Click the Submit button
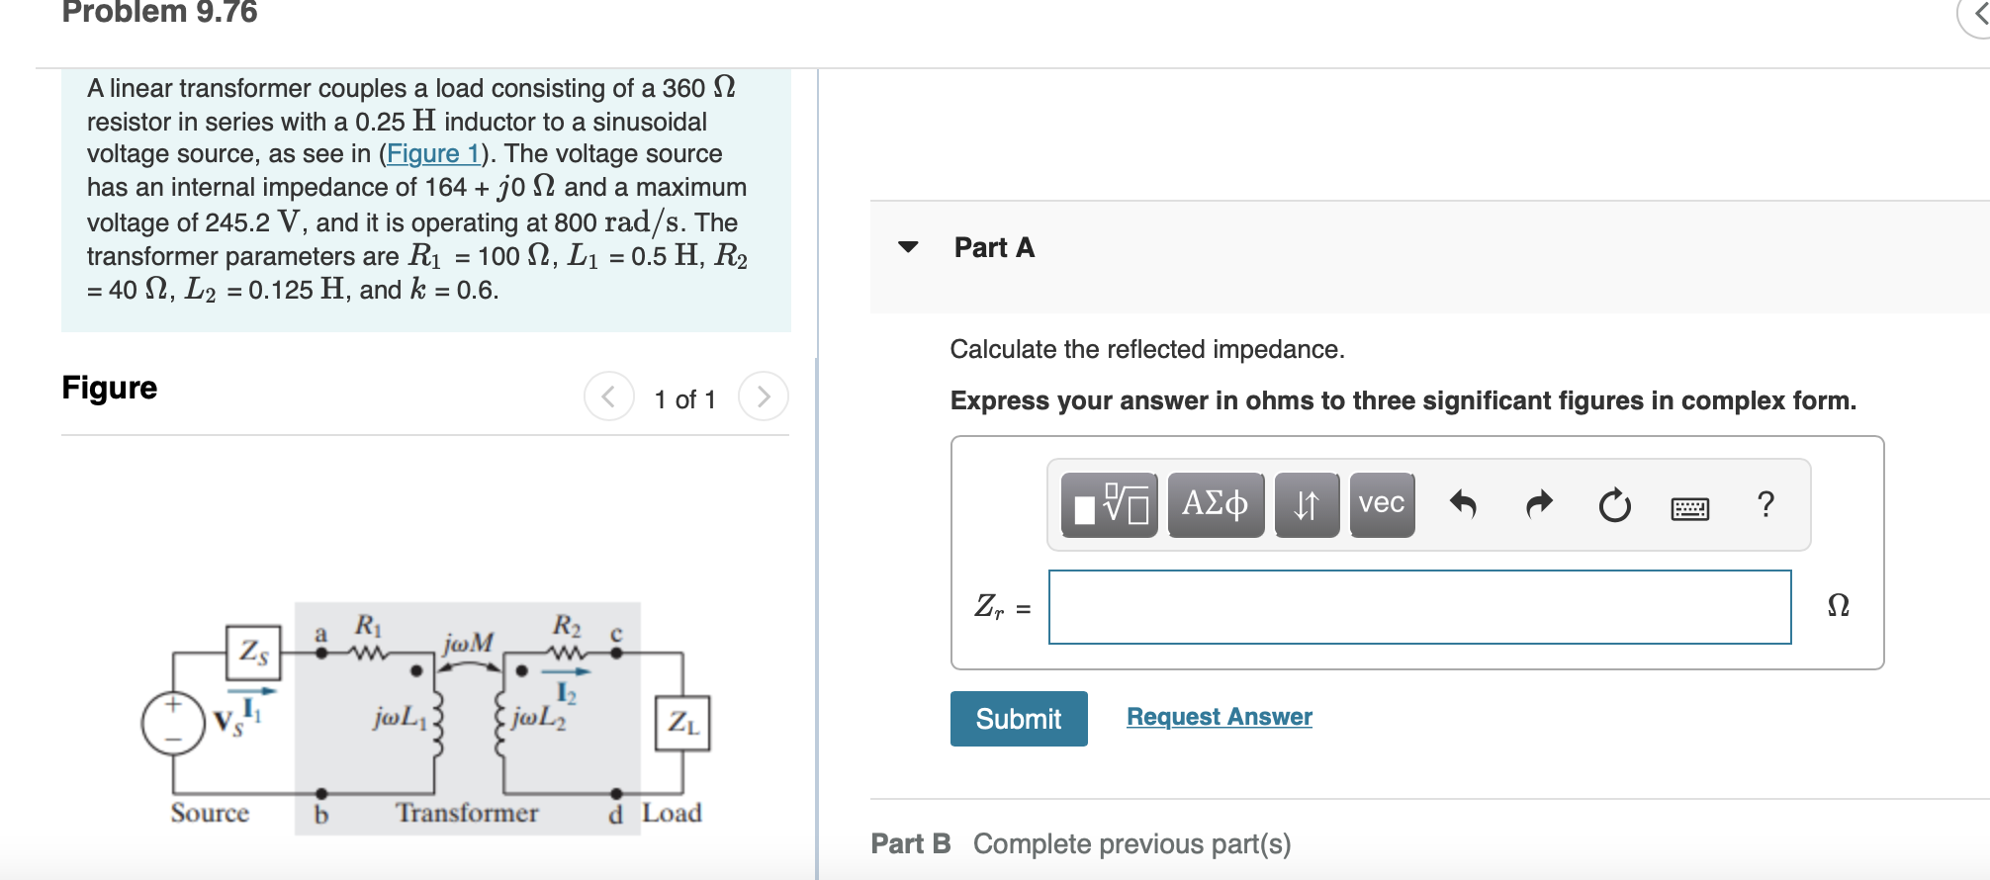tap(1018, 719)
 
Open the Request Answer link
tap(1219, 717)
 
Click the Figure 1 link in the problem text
tap(432, 154)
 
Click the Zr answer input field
tap(1419, 607)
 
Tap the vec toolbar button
tap(1381, 504)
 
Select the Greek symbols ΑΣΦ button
tap(1215, 504)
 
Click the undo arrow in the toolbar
tap(1463, 505)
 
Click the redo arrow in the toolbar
tap(1539, 505)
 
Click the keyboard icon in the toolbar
tap(1689, 508)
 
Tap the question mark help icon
tap(1765, 504)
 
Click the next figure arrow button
tap(763, 396)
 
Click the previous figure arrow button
tap(608, 396)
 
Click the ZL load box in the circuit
tap(682, 724)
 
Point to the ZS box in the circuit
tap(253, 652)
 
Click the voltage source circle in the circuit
tap(173, 724)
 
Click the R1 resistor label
tap(367, 626)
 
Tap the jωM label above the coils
tap(468, 644)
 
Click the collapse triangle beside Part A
tap(908, 247)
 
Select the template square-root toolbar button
tap(1109, 504)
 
